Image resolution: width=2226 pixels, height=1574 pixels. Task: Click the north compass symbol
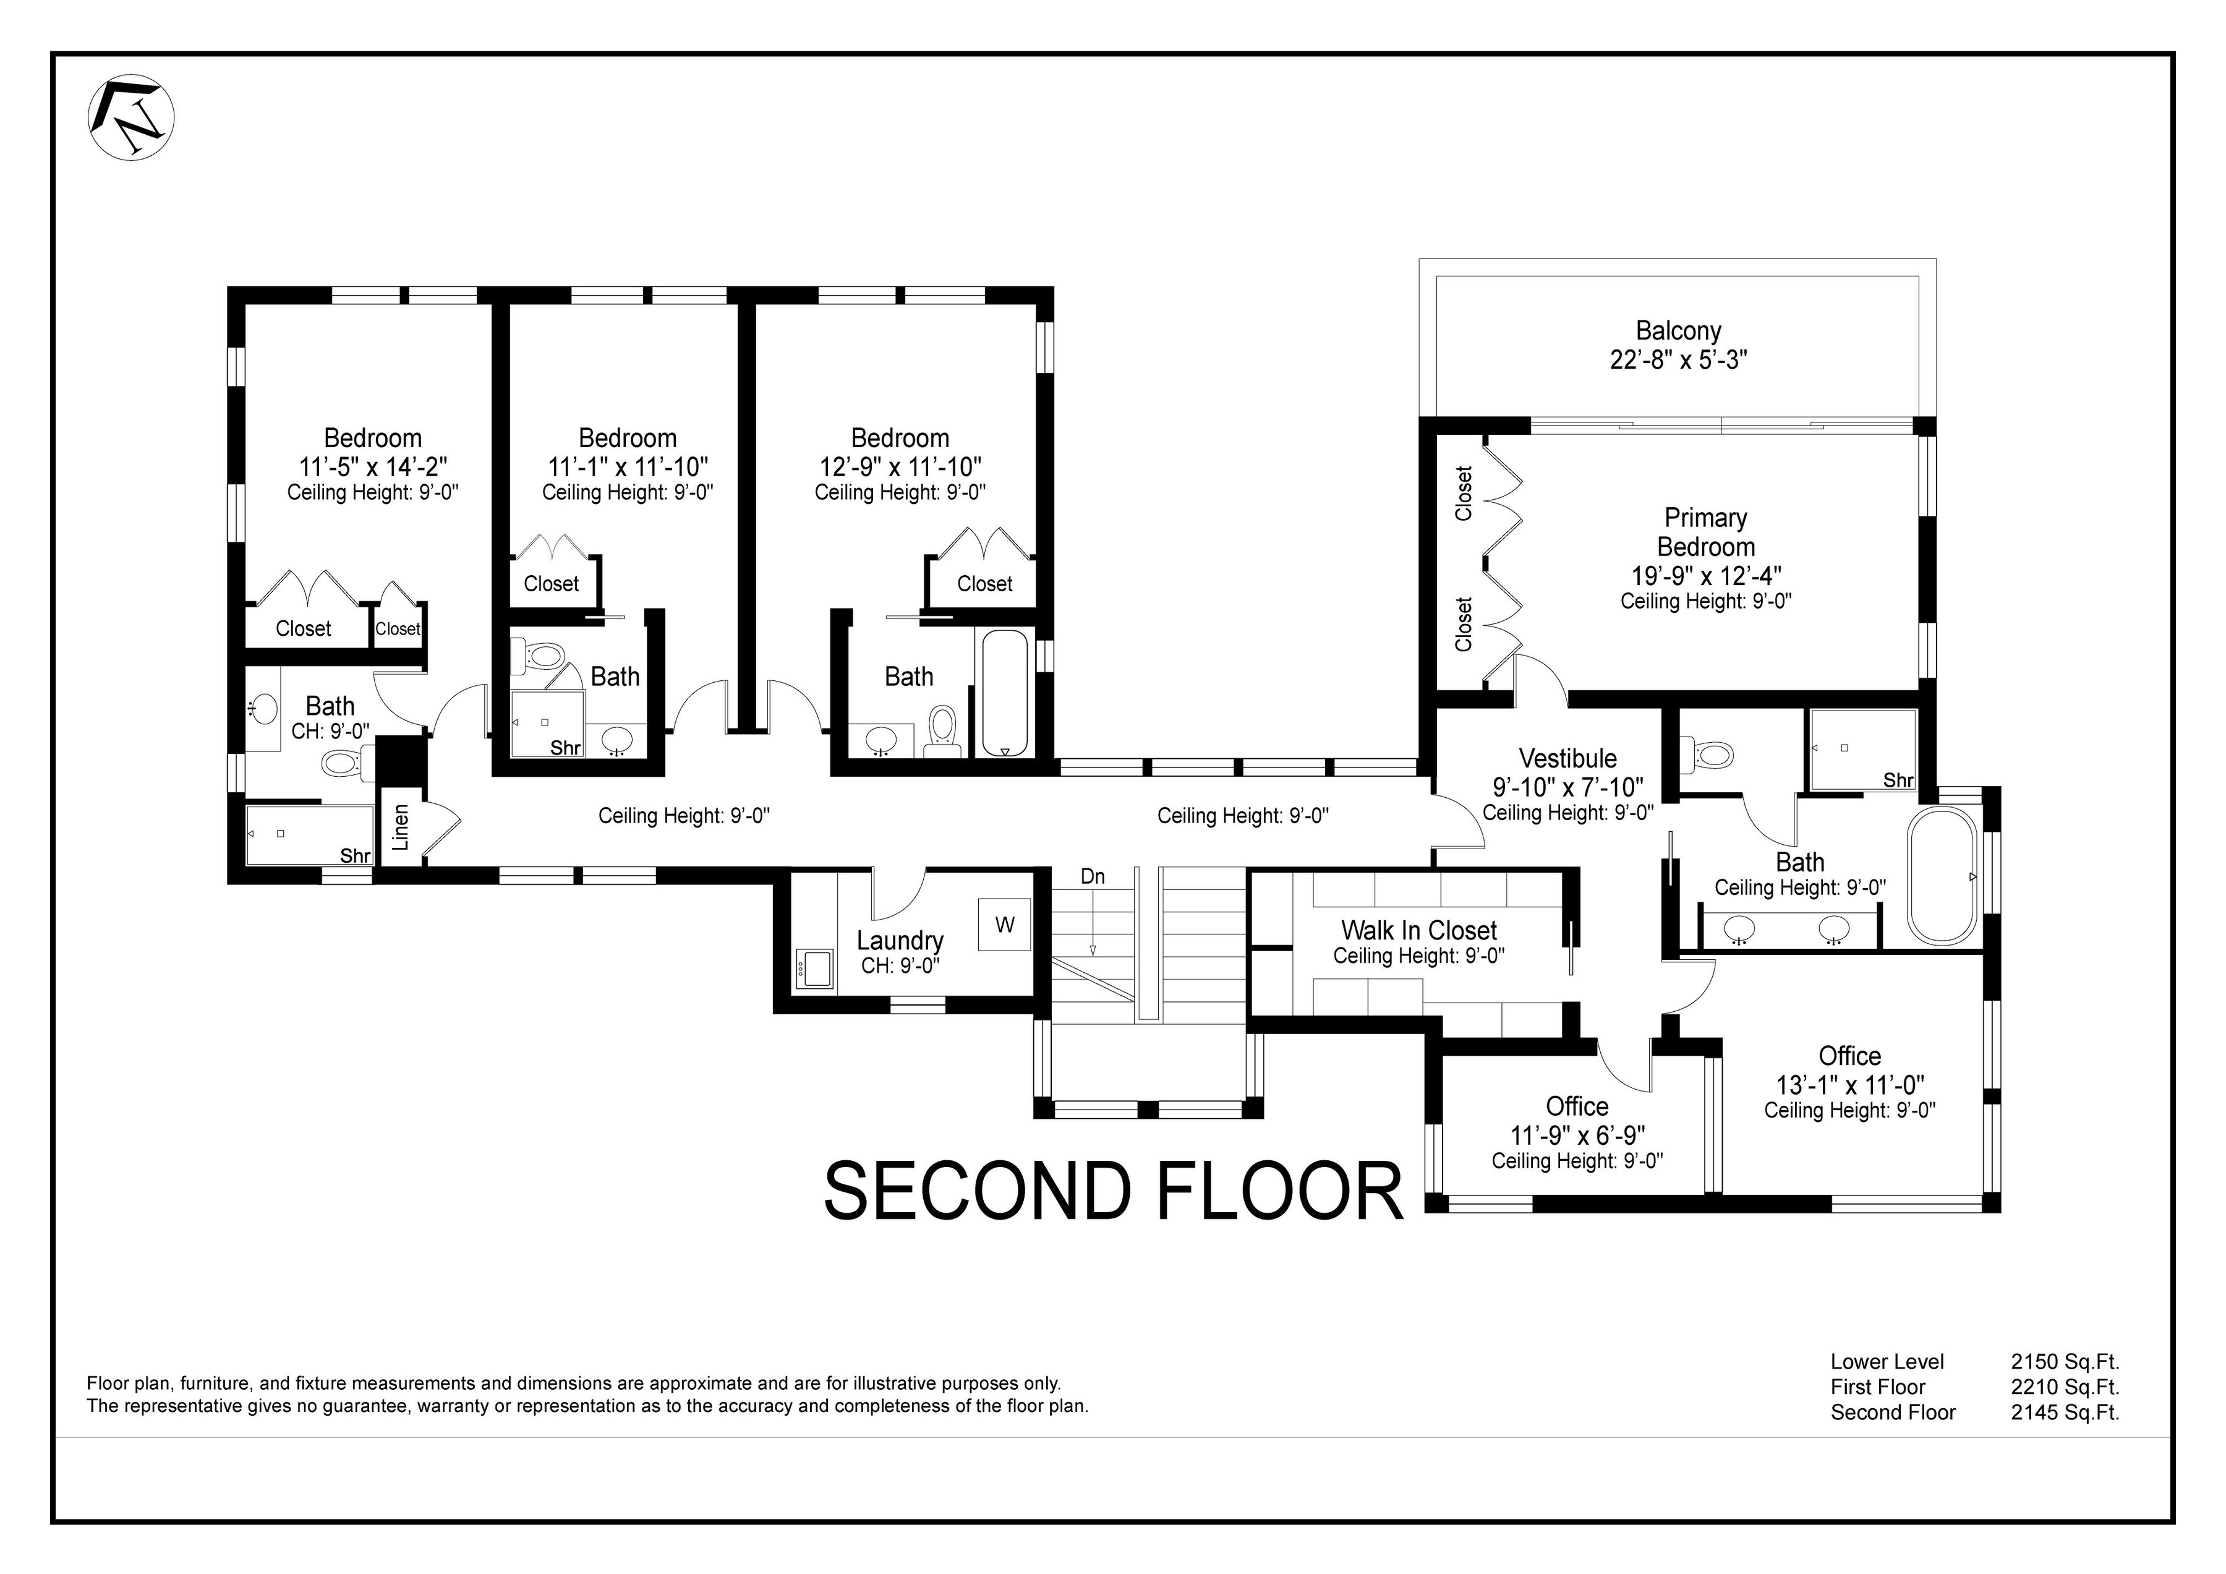(x=132, y=118)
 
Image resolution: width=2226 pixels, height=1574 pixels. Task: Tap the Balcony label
(x=1678, y=331)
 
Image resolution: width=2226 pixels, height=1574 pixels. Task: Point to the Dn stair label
(x=1093, y=877)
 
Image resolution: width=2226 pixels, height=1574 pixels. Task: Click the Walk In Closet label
(x=1418, y=930)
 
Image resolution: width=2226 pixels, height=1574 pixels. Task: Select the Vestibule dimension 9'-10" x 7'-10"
(x=1567, y=787)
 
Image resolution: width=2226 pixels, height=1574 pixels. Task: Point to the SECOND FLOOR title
(x=1113, y=1192)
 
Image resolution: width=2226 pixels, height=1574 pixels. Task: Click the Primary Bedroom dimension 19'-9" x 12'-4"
(x=1705, y=575)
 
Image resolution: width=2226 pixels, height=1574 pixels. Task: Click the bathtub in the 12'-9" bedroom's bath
(x=1004, y=693)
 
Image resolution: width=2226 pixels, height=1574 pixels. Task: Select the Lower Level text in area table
(x=1887, y=1362)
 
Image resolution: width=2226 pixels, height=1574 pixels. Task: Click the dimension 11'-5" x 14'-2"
(x=372, y=466)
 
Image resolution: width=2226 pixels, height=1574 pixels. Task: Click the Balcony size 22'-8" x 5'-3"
(x=1678, y=360)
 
